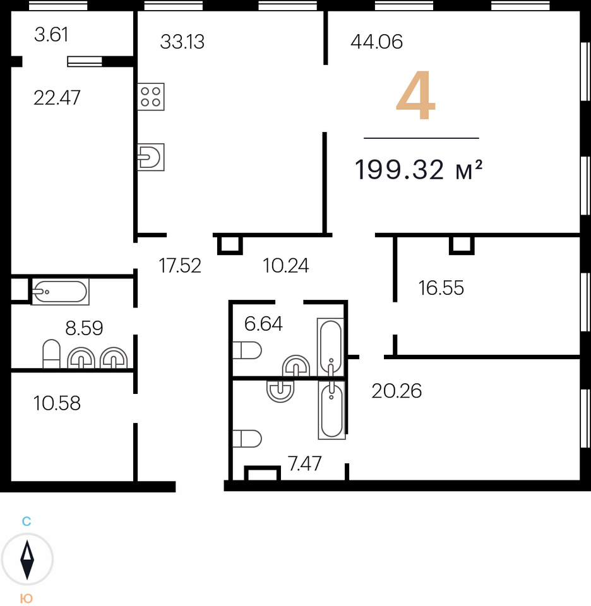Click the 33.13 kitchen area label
182,42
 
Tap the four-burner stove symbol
151,97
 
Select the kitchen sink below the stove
151,157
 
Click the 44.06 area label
376,42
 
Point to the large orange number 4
416,96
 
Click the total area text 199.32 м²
419,170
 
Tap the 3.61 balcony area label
51,35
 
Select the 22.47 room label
57,98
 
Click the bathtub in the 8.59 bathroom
60,292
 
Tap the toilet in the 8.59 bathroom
51,354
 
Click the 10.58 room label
57,403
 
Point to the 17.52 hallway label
180,266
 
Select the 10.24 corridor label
286,266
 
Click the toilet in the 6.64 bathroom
248,350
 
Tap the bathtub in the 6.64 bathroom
330,347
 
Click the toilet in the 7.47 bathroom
248,438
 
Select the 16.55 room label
441,288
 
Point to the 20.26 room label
397,391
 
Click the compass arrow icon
27,559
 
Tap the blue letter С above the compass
27,521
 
